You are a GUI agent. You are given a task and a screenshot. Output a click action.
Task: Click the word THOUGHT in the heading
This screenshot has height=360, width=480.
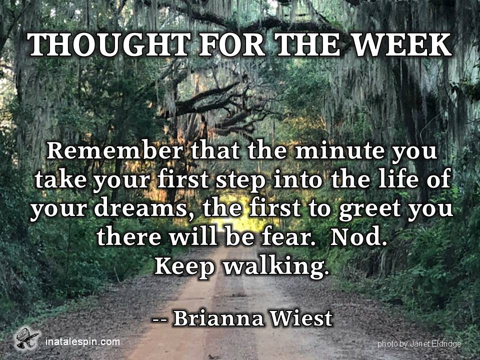point(109,44)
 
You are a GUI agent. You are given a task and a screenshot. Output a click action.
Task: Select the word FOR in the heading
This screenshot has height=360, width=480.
point(232,44)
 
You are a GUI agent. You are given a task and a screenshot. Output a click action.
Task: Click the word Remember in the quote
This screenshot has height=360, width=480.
point(114,150)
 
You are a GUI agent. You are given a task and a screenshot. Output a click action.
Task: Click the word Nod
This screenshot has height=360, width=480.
point(358,237)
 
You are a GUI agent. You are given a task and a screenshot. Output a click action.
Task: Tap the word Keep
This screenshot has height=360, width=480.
point(184,266)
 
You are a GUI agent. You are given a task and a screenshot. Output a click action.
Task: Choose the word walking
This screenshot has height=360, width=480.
point(276,266)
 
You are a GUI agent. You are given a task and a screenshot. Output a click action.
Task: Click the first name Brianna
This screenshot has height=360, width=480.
point(218,318)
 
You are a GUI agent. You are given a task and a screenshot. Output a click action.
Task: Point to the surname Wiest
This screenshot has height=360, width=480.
point(301,318)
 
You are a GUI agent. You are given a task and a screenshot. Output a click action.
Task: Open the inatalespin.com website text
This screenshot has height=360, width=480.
point(82,341)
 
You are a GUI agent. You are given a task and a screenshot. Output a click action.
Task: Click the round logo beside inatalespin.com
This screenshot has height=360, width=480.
point(27,338)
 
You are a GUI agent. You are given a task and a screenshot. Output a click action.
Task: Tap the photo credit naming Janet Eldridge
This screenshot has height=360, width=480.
point(419,344)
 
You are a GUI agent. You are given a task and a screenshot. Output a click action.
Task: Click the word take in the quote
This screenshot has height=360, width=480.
point(60,179)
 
